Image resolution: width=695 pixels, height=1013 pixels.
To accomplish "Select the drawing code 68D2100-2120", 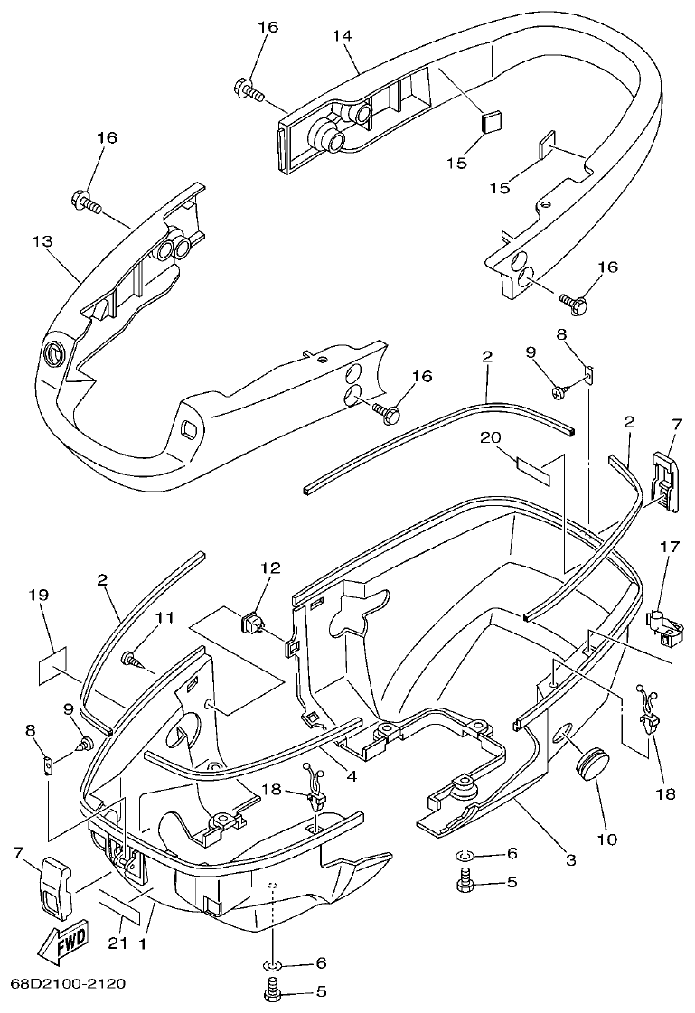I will [68, 983].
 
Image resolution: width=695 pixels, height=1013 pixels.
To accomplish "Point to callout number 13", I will [42, 241].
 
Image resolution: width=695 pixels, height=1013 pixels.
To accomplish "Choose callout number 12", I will [271, 568].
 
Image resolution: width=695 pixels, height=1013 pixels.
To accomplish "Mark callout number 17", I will [670, 571].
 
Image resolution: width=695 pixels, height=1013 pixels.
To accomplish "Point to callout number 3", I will [570, 860].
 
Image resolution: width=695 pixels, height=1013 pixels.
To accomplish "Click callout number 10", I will [606, 839].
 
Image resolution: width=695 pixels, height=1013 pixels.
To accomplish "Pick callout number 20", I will [490, 437].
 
